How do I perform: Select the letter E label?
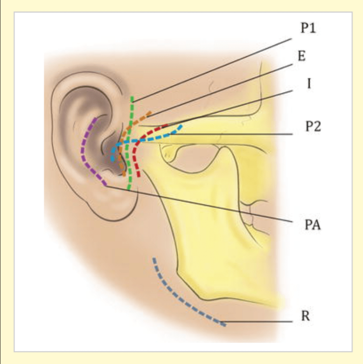tap(301, 56)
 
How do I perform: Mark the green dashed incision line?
tap(129, 166)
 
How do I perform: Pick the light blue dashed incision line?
tap(158, 138)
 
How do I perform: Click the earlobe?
tap(115, 206)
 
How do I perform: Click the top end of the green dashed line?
tap(132, 97)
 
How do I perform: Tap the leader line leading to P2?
tap(237, 134)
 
